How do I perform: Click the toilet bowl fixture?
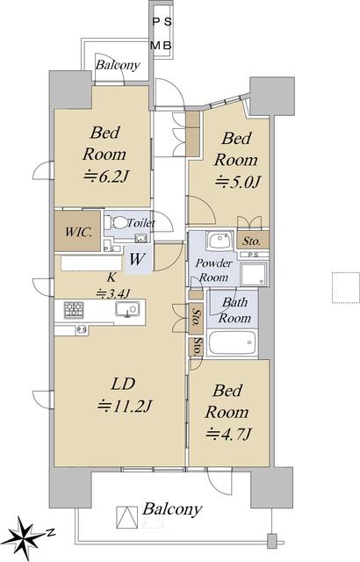coord(115,223)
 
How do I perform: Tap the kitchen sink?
coord(127,309)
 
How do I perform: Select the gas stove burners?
coord(74,310)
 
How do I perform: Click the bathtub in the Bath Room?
coord(232,342)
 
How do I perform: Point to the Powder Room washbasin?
coord(220,240)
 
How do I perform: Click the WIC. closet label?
coord(78,232)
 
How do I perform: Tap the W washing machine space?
coord(138,259)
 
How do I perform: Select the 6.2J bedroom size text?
coord(106,177)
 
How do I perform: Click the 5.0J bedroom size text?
coord(237,182)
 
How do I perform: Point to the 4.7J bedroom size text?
coord(227,435)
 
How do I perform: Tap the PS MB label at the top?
coord(162,33)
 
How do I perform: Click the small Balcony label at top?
coord(118,65)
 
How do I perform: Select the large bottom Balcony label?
coord(172,509)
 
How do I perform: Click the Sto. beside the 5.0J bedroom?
coord(251,241)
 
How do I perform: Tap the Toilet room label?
coord(141,223)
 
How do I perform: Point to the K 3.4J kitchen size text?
coord(112,285)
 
